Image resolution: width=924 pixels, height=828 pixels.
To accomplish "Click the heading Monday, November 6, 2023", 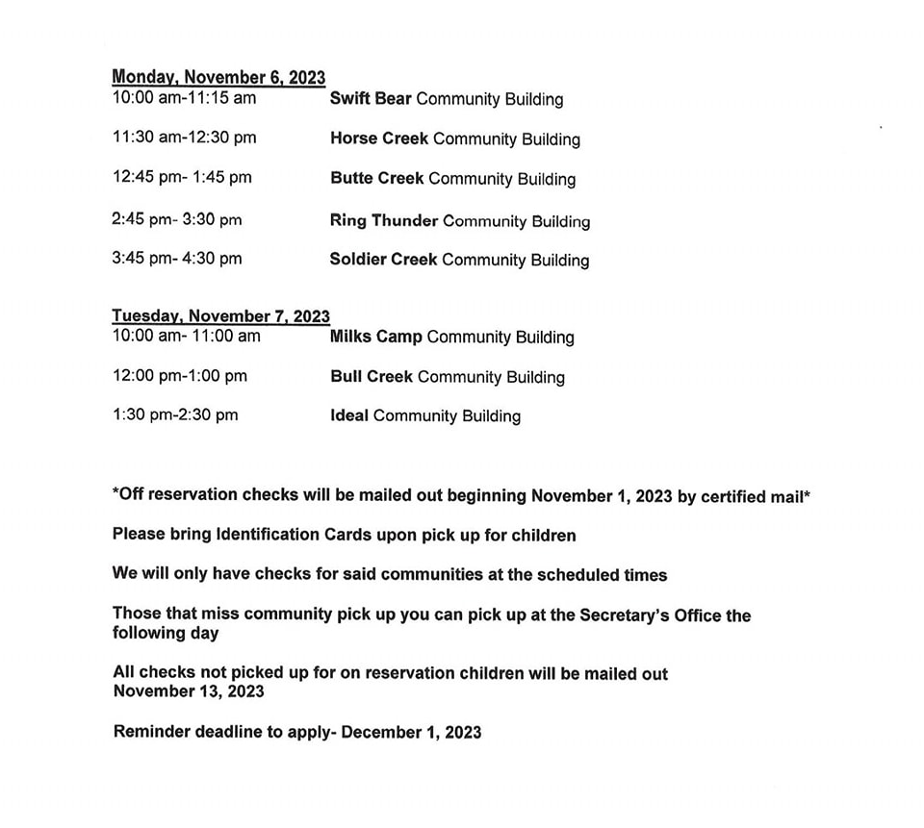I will click(x=218, y=77).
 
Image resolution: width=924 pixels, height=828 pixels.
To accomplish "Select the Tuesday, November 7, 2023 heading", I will click(x=220, y=315).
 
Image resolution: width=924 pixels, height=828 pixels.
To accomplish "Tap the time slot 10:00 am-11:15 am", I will click(x=184, y=97).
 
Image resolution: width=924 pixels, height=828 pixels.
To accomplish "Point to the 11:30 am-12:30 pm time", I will click(x=184, y=138).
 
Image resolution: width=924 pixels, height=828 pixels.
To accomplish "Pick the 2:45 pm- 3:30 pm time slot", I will click(x=177, y=219).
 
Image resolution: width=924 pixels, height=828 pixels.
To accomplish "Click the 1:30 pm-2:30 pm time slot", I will click(x=174, y=415).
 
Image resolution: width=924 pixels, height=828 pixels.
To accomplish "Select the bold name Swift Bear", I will click(x=371, y=98).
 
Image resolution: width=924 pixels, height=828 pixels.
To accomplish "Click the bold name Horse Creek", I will click(x=378, y=138).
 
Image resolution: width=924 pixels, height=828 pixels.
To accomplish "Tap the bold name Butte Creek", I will click(x=376, y=179).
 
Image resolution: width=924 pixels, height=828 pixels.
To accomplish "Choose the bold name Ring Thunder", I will click(x=383, y=220).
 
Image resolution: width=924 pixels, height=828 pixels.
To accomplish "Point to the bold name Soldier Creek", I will click(x=383, y=260).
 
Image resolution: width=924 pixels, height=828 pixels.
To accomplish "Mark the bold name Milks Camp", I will click(x=375, y=337).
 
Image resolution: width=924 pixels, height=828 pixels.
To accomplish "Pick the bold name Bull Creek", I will click(x=371, y=377).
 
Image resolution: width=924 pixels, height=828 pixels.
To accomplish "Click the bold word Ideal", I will click(x=348, y=416).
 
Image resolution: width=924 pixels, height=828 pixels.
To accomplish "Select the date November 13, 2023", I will click(x=189, y=691).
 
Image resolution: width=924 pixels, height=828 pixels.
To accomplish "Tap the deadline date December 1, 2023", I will click(x=412, y=732).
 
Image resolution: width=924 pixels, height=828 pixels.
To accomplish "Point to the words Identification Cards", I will click(x=298, y=535).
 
